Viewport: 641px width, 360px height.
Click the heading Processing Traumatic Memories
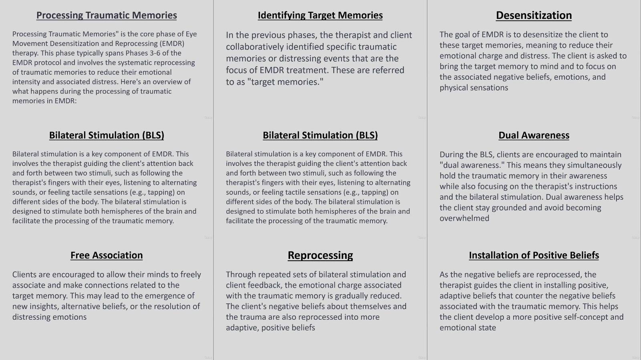107,15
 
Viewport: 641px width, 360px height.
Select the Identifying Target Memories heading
320,15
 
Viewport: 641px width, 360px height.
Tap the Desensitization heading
534,15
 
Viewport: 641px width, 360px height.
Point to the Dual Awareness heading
534,135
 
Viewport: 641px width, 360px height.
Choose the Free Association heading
107,255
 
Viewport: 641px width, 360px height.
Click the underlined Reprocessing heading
320,255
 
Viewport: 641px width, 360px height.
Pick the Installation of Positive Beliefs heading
534,255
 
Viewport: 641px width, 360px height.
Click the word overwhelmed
464,219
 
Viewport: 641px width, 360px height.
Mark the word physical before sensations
454,88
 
